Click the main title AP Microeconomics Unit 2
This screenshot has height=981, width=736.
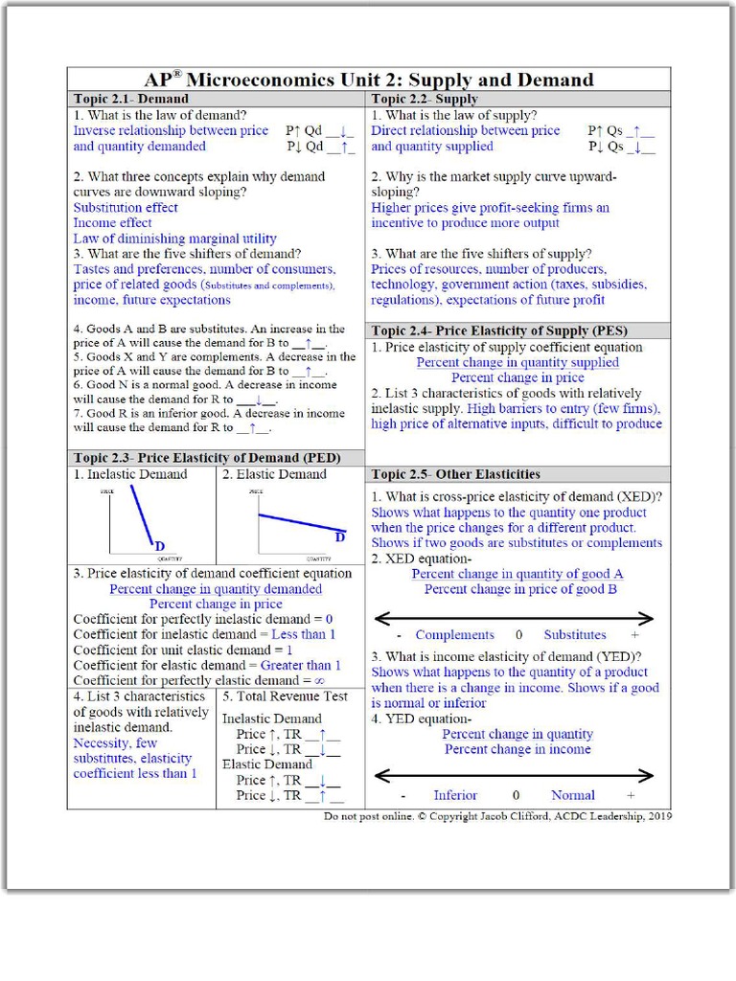click(368, 80)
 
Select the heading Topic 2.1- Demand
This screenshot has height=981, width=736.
click(131, 99)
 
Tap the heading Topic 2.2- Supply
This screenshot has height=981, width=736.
click(425, 99)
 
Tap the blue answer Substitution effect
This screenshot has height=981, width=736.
click(126, 208)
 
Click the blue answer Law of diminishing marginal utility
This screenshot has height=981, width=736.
click(174, 239)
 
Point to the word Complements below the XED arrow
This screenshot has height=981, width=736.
click(454, 635)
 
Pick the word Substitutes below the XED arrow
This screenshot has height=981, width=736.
click(575, 635)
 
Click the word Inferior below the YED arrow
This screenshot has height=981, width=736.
click(455, 795)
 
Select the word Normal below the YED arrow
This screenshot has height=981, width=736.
click(572, 795)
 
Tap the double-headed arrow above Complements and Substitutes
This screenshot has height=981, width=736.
click(513, 618)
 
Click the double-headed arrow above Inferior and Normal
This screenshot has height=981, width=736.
click(513, 775)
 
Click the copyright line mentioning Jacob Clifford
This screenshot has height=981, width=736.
click(497, 817)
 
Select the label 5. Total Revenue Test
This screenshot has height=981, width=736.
click(285, 696)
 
